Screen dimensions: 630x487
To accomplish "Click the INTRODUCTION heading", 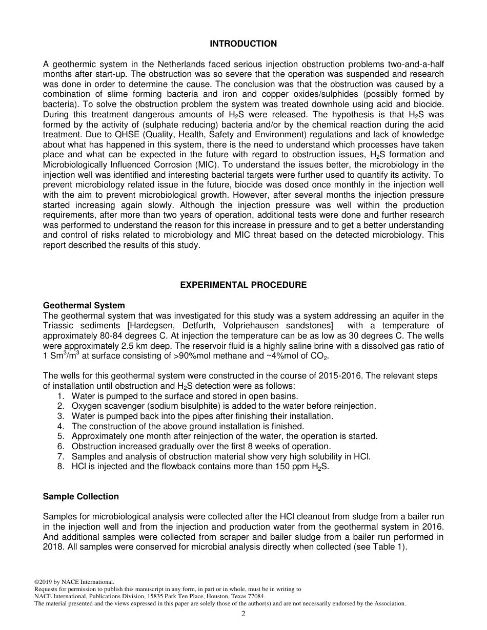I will click(x=243, y=44).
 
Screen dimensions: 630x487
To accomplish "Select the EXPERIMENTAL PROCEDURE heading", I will click(x=243, y=285).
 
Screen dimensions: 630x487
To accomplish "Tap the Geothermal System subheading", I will click(x=84, y=306).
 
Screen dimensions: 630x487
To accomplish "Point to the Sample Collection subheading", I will click(x=80, y=496).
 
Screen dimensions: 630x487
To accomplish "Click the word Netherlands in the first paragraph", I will click(x=167, y=65).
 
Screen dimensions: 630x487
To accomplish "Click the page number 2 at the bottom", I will click(x=243, y=614).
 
